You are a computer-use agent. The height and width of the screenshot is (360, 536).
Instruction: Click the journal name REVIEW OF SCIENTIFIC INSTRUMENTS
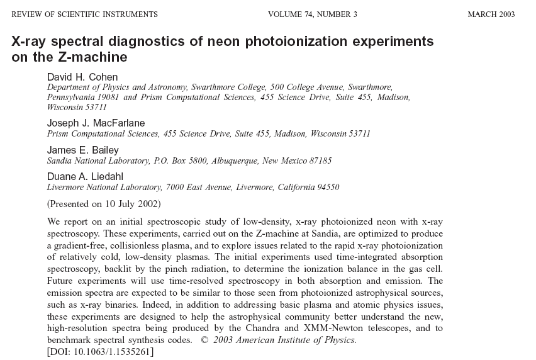pos(85,14)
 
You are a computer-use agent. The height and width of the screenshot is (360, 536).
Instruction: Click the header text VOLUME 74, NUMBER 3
pos(312,14)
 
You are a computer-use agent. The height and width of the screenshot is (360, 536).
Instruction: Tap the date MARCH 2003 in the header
pos(491,14)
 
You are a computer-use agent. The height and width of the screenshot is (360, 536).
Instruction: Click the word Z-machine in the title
pos(97,58)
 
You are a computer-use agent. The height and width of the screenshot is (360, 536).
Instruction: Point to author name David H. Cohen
pos(82,77)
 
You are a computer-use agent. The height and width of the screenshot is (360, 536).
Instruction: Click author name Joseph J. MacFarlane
pos(96,123)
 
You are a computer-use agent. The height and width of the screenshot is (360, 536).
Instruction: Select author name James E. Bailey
pos(83,150)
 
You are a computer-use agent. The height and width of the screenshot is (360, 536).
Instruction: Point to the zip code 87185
pos(320,160)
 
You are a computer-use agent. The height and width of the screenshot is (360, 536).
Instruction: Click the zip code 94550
pos(327,188)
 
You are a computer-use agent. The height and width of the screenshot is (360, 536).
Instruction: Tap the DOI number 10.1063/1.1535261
pos(112,351)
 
